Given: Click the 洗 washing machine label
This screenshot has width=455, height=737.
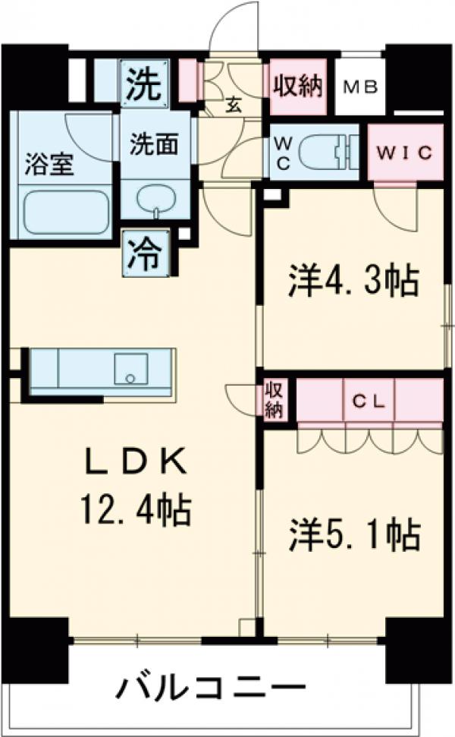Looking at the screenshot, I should (143, 85).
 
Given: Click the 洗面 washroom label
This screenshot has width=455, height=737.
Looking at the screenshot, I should (154, 144).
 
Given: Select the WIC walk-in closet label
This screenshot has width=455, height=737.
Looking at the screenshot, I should (406, 152).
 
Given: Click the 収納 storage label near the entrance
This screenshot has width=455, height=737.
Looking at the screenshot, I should (297, 85).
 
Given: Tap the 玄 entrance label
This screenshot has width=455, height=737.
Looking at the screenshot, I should (234, 106).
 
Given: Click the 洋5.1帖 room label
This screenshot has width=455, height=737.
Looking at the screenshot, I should (353, 534).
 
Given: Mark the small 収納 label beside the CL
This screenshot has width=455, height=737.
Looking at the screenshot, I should (274, 400).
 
